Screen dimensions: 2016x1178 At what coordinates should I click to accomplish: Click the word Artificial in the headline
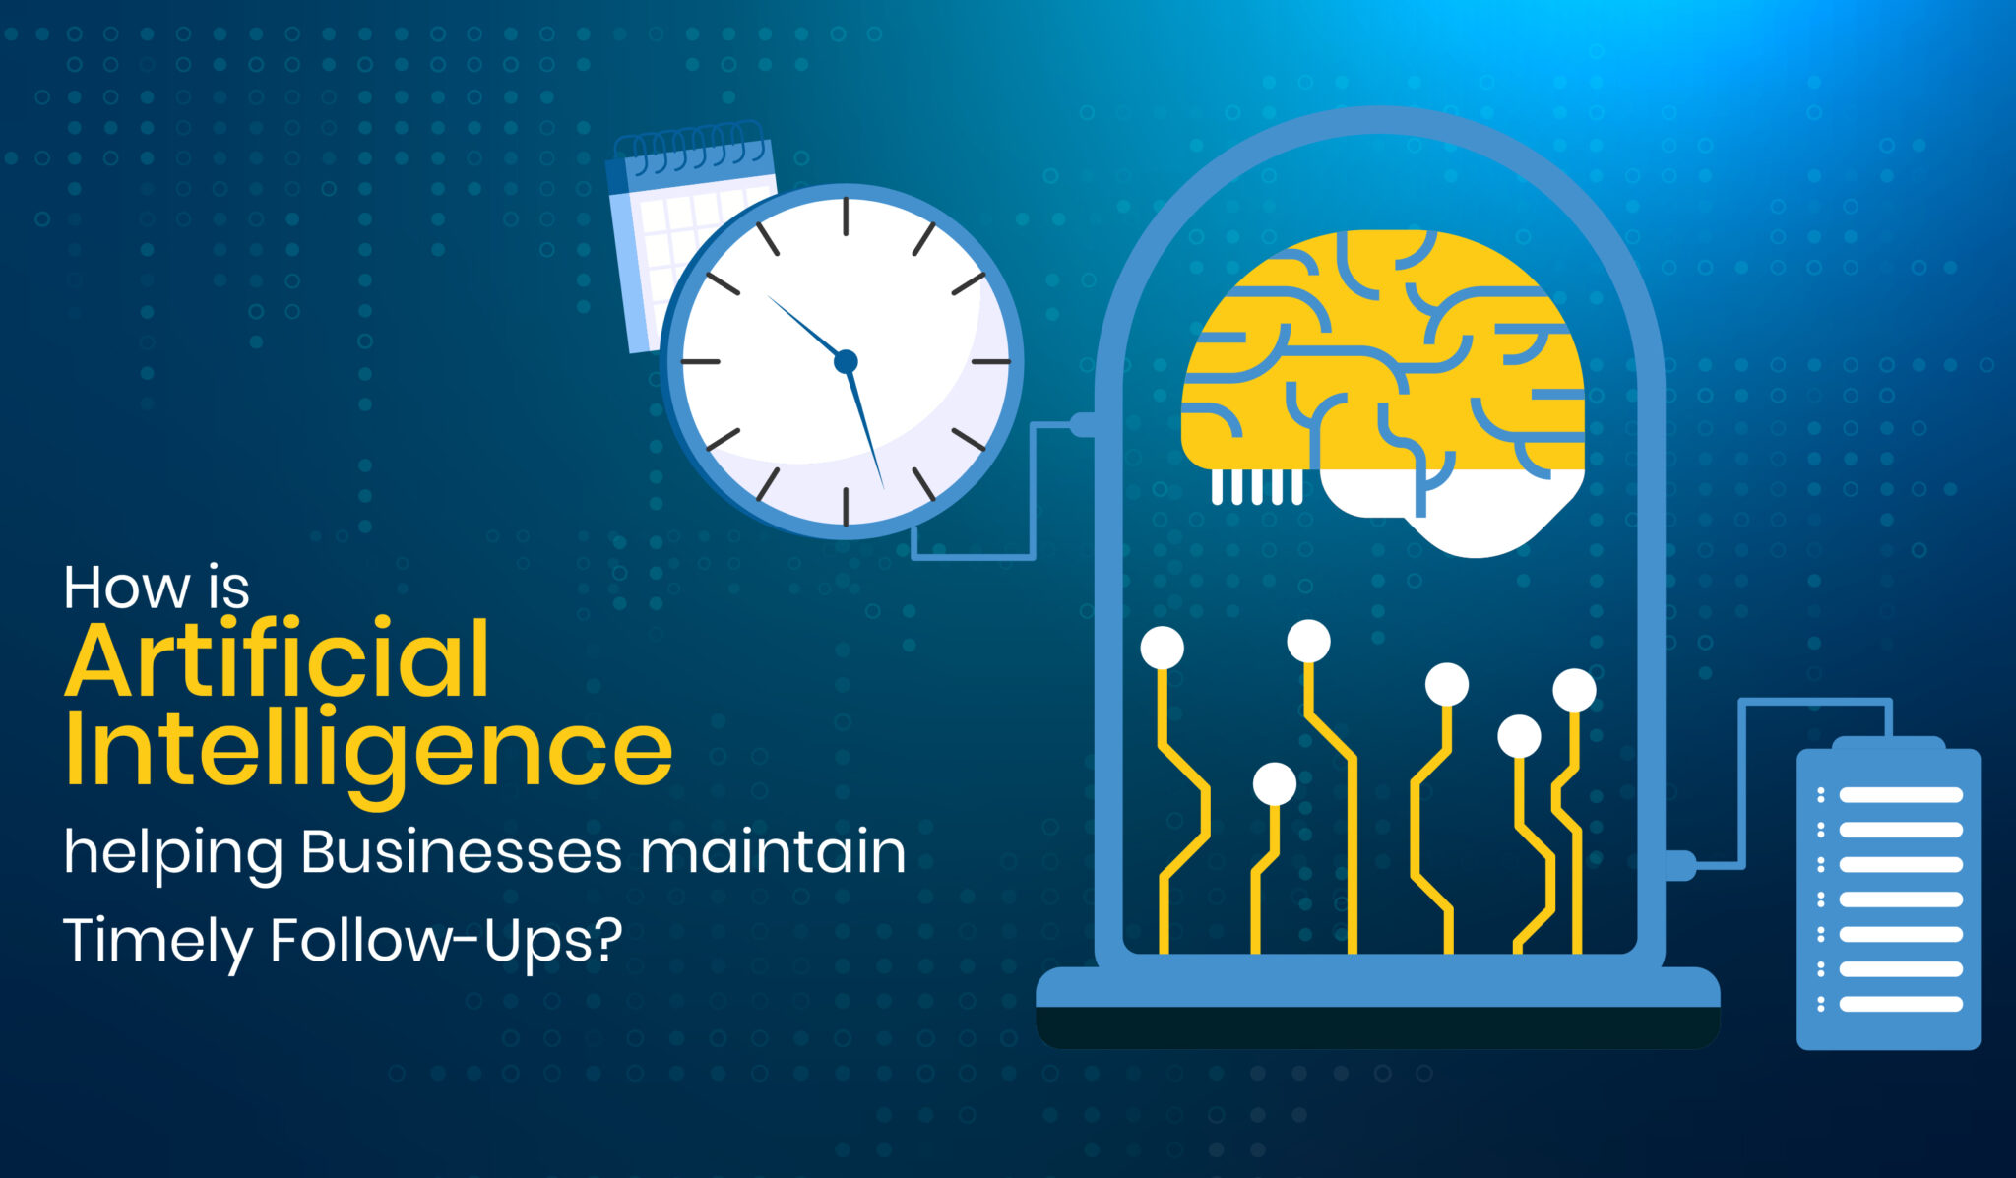pyautogui.click(x=278, y=658)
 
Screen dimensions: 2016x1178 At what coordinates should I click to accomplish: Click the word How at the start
pyautogui.click(x=127, y=588)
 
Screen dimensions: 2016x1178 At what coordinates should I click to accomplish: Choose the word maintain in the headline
pyautogui.click(x=773, y=852)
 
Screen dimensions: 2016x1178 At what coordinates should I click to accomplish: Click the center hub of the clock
pyautogui.click(x=846, y=362)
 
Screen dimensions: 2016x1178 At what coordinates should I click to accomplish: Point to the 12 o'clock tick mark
pyautogui.click(x=846, y=217)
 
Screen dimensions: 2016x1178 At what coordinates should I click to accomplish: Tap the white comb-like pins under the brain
pyautogui.click(x=1257, y=486)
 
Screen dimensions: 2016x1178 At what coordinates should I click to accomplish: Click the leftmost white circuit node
pyautogui.click(x=1163, y=649)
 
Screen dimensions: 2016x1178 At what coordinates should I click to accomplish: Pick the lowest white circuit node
pyautogui.click(x=1275, y=784)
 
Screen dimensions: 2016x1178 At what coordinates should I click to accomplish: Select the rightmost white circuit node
pyautogui.click(x=1574, y=690)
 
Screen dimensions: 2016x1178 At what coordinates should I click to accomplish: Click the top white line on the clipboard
pyautogui.click(x=1901, y=795)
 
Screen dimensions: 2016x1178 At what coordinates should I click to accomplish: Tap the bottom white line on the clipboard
pyautogui.click(x=1901, y=1004)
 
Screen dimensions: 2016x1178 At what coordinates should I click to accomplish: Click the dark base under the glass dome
pyautogui.click(x=1378, y=1026)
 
